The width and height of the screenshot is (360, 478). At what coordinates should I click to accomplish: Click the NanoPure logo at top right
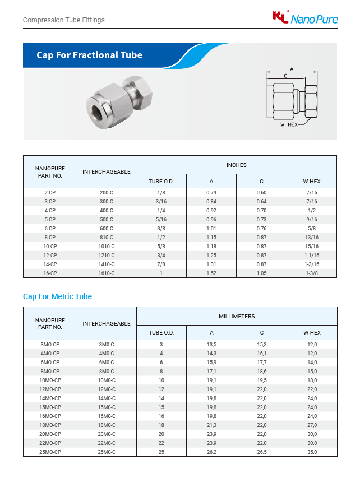tap(305, 18)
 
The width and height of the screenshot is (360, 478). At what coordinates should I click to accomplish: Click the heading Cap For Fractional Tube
tap(89, 55)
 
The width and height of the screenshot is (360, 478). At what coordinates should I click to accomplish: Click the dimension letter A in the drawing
tap(292, 69)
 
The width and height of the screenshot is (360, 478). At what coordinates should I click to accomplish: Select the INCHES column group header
tap(236, 165)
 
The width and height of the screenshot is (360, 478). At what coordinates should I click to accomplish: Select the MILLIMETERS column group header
tap(236, 317)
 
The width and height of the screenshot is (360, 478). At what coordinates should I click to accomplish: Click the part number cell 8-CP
tap(50, 237)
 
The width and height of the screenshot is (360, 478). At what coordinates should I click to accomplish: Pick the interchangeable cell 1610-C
tap(107, 273)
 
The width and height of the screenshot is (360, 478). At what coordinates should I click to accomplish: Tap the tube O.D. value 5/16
tap(161, 219)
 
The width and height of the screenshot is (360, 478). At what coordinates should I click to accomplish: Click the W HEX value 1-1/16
tap(312, 255)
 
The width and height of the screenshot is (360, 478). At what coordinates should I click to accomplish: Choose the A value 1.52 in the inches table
tap(211, 273)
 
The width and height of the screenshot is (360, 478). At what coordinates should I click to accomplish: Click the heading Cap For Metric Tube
tap(57, 296)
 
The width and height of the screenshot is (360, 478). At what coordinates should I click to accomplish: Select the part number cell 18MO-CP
tap(50, 425)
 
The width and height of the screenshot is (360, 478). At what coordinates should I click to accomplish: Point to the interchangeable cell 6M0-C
tap(107, 362)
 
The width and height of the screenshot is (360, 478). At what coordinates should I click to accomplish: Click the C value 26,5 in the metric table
tap(261, 452)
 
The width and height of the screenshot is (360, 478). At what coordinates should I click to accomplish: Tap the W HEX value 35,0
tap(312, 452)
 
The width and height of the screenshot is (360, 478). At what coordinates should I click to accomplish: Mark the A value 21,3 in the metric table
tap(211, 425)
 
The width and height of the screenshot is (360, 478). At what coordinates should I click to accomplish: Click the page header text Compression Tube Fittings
tap(63, 20)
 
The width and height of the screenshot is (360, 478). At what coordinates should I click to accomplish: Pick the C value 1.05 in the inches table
tap(261, 273)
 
